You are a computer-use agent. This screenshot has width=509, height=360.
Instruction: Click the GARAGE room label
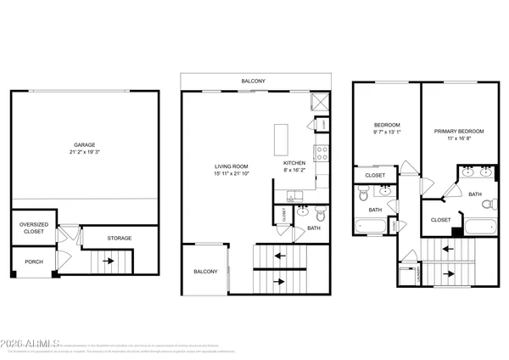pos(83,144)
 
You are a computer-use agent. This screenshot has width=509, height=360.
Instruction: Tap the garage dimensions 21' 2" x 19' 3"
pos(83,153)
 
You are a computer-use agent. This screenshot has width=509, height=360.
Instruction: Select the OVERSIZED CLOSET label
pos(31,228)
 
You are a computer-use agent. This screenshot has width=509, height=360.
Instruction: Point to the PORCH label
pos(33,262)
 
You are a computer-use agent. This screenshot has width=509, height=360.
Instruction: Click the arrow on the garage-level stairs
pos(108,262)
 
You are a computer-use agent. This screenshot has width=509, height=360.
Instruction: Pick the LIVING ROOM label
pos(231,166)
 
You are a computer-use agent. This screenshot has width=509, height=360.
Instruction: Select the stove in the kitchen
pos(322,154)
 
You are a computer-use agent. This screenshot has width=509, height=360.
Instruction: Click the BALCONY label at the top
pos(253,82)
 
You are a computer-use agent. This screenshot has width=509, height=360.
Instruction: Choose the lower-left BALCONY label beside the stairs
pos(204,272)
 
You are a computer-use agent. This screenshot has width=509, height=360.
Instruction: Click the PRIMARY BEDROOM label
pos(459,132)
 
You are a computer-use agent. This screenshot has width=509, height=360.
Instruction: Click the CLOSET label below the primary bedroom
pos(440,220)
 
